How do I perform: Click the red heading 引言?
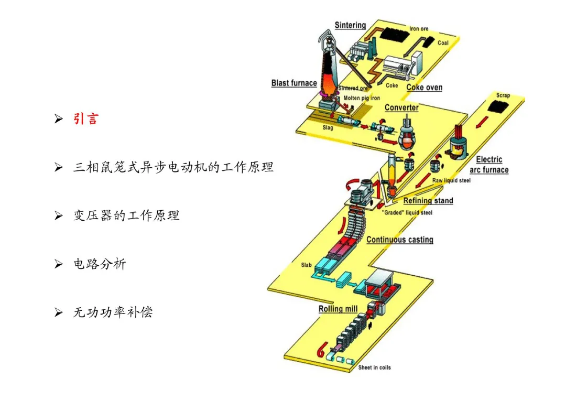85,119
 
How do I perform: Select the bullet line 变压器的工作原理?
126,215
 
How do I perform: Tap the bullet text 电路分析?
100,264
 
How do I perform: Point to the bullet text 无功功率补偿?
113,312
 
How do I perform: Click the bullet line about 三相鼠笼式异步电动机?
173,167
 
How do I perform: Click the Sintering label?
350,25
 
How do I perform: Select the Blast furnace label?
294,83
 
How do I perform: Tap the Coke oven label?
424,88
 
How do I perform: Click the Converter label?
401,107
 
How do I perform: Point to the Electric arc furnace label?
489,165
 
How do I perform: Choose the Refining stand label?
428,200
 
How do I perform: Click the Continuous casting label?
400,240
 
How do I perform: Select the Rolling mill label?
338,309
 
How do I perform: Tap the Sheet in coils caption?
375,367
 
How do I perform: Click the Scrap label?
503,95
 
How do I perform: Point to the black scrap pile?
500,107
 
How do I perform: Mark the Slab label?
306,265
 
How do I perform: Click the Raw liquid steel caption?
451,180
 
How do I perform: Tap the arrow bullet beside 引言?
59,120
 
